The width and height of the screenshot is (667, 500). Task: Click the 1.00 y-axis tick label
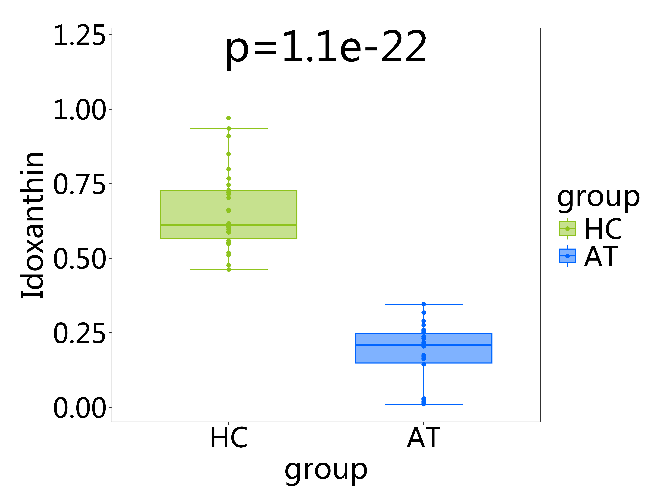click(79, 110)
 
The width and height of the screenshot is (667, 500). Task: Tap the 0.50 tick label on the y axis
click(79, 259)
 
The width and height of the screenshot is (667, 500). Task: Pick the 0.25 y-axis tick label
click(79, 333)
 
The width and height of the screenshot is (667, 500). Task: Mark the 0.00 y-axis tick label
click(79, 408)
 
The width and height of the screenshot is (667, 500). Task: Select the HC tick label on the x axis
click(229, 438)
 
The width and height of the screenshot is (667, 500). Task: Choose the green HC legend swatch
click(567, 228)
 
